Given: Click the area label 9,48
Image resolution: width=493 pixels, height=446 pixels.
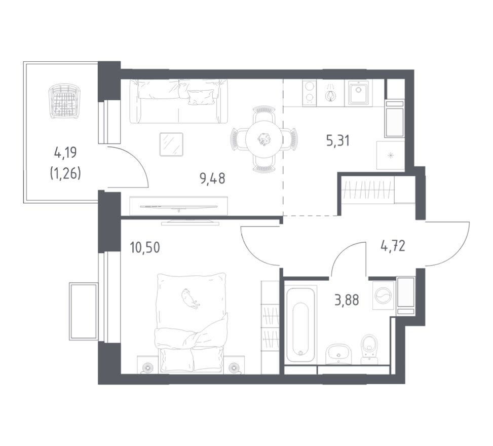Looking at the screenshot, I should (x=212, y=178).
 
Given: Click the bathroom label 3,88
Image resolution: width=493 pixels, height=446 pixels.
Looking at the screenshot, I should (x=346, y=300).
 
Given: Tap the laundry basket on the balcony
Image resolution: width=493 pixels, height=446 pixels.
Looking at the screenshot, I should (x=64, y=101).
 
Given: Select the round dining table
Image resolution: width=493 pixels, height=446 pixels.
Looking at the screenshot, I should (x=263, y=138).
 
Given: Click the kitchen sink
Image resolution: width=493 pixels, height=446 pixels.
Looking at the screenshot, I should (x=359, y=93).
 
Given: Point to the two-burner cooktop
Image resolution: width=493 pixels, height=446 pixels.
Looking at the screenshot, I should (x=310, y=93).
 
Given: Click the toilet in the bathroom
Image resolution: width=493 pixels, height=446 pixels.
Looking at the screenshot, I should (x=369, y=349).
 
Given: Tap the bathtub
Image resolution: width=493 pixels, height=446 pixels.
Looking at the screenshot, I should (x=300, y=324).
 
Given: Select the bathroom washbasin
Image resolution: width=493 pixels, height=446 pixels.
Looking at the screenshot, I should (x=338, y=353).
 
